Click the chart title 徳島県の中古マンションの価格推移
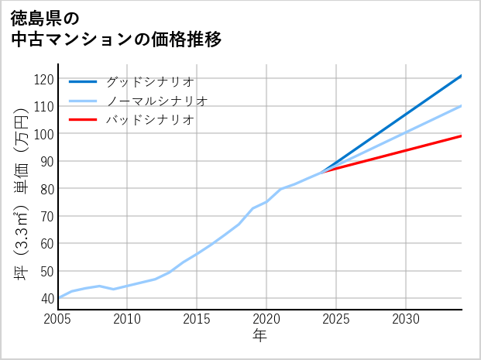point(116,28)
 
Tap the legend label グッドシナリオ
point(149,81)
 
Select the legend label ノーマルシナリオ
point(156,101)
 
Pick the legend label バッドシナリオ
point(149,120)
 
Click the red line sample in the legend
point(83,120)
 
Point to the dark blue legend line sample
point(83,81)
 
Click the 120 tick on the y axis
point(44,79)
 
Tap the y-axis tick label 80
point(46,189)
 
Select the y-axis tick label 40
point(46,299)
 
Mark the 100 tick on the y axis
point(44,134)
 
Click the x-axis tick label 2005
point(58,319)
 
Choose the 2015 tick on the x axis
point(197,319)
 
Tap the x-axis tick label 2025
point(336,319)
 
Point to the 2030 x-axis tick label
point(406,319)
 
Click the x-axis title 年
point(260,336)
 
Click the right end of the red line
point(462,136)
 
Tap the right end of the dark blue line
point(462,76)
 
